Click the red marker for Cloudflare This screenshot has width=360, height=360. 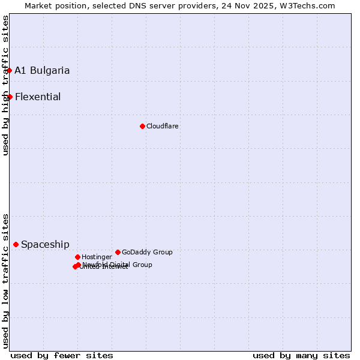pos(142,126)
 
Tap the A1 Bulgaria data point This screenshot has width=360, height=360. pos(9,70)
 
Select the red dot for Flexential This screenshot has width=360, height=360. pos(10,97)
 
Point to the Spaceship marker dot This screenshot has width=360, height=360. pos(16,244)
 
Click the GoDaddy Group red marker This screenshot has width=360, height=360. pos(118,252)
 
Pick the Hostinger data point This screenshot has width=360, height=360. pos(77,257)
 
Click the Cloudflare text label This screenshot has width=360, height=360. pos(163,126)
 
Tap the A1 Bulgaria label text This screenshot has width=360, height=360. pos(42,70)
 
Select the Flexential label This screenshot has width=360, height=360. pos(38,97)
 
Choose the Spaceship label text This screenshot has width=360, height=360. pos(45,244)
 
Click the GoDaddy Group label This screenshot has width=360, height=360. pos(147,252)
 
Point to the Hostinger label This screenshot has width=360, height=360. pos(97,257)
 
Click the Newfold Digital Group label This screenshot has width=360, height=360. pos(118,264)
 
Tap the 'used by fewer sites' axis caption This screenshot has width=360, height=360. pos(62,355)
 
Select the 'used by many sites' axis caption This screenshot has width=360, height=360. pos(301,355)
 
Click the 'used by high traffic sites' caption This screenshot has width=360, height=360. pos(5,85)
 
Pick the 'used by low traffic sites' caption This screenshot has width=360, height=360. pos(5,280)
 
